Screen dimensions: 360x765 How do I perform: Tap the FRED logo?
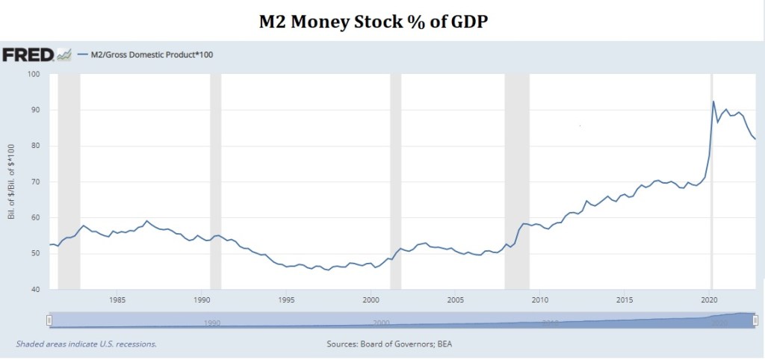28,55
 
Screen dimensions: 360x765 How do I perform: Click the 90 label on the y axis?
34,110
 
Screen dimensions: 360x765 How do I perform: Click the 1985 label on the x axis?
117,300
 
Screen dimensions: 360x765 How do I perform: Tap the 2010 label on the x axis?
540,300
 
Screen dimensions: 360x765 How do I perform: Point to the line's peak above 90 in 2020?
713,102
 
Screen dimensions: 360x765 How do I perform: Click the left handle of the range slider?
49,320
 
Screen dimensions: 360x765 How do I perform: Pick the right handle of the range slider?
755,320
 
